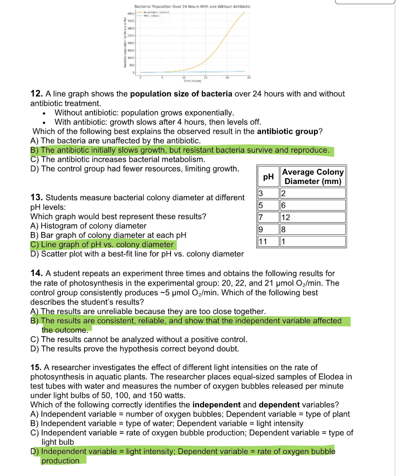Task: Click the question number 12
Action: tap(36, 94)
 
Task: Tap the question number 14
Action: tap(36, 274)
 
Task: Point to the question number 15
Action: tap(36, 368)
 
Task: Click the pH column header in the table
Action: tap(268, 176)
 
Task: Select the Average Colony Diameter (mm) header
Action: tap(312, 176)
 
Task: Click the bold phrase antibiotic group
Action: tap(288, 131)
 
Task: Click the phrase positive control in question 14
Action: tap(219, 339)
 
